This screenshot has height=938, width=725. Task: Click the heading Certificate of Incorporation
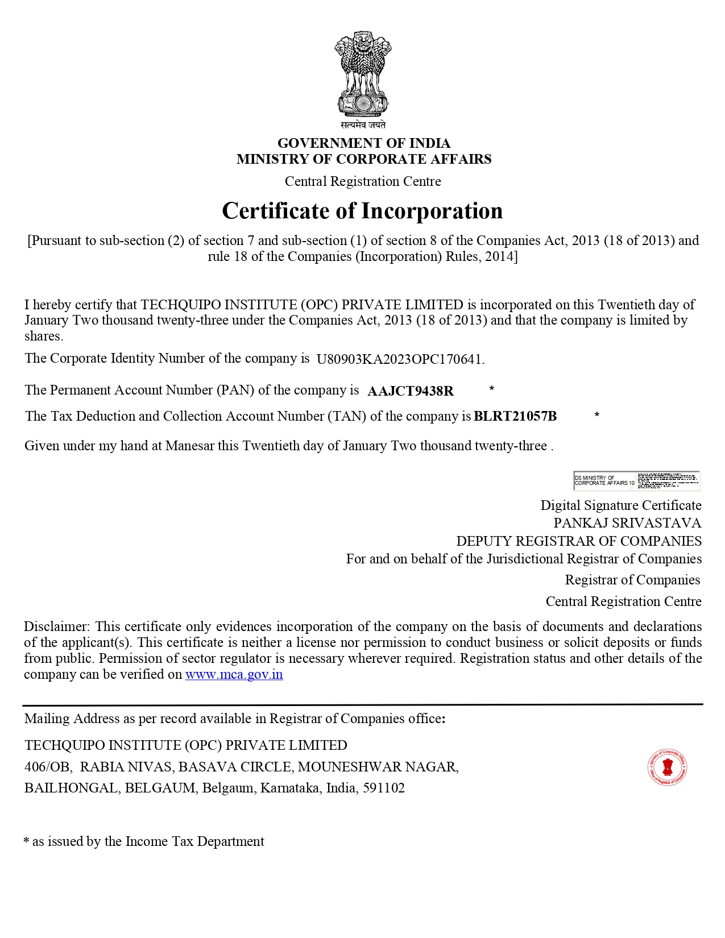362,211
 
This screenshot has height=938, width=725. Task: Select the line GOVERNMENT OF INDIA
363,143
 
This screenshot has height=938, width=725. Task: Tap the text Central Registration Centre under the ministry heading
363,181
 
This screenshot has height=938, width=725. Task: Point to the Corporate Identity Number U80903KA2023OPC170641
400,359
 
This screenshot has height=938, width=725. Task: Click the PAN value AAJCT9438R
411,391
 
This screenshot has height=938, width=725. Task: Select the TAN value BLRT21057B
515,416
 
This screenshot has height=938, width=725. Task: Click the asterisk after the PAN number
492,389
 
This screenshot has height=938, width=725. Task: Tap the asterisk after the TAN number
596,415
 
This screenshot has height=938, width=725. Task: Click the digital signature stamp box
636,480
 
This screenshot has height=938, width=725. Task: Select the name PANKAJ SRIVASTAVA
627,523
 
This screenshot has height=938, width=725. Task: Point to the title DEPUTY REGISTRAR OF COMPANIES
579,541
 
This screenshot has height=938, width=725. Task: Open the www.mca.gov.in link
234,675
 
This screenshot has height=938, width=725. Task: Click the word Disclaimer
56,626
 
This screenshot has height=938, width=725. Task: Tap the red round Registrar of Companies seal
668,767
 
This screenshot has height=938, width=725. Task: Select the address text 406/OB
48,767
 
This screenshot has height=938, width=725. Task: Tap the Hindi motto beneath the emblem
363,125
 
